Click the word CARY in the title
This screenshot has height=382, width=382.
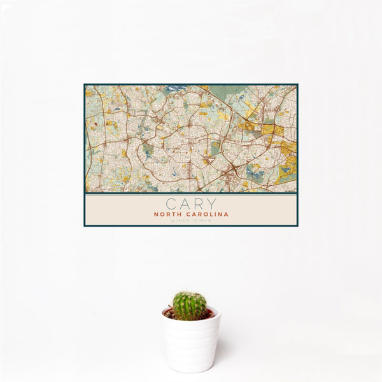coord(190,204)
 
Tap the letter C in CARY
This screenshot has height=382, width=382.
coord(171,204)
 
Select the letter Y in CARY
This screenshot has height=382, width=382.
coord(210,204)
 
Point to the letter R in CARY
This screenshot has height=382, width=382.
coord(197,204)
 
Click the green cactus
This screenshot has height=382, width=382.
coord(190,305)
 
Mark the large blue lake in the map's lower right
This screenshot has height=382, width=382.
coord(254,170)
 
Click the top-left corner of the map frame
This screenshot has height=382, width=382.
coord(85,85)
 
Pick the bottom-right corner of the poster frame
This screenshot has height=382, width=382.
coord(297,226)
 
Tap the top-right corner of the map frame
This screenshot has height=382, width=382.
coord(297,85)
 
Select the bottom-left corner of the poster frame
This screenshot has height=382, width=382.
coord(85,226)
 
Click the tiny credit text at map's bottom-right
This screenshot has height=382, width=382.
coord(290,191)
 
